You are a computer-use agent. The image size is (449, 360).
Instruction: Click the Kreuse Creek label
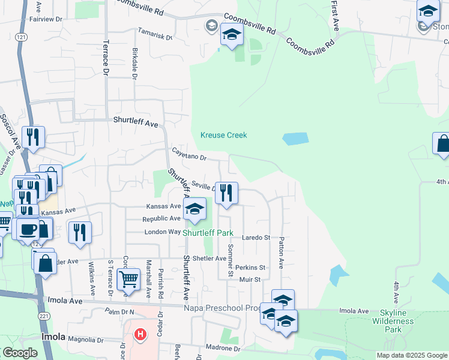[x=224, y=135]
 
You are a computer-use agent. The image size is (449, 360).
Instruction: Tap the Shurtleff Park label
[x=208, y=233]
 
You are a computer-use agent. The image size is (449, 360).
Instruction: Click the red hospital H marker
[x=140, y=334]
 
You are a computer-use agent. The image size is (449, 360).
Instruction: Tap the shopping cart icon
[x=129, y=279]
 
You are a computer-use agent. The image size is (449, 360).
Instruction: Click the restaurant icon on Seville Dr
[x=227, y=193]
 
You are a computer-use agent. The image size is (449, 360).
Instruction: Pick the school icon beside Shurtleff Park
[x=194, y=209]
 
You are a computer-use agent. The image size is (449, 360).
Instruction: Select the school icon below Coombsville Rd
[x=232, y=35]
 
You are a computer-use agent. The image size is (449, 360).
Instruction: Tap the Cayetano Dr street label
[x=188, y=154]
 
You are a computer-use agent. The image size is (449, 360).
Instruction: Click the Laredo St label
[x=256, y=238]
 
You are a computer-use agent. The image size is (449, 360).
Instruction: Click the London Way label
[x=162, y=232]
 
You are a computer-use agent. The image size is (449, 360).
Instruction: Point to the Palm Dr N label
[x=119, y=312]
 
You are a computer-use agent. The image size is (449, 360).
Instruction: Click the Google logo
[x=20, y=353]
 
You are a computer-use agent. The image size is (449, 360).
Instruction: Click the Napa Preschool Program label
[x=231, y=308]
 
